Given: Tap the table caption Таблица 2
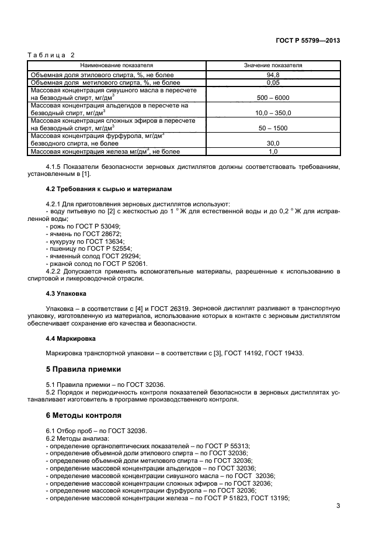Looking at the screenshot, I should coord(51,55).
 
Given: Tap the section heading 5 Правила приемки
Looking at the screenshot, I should coord(84,369).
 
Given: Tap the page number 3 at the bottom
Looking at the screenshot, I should coord(338,506).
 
